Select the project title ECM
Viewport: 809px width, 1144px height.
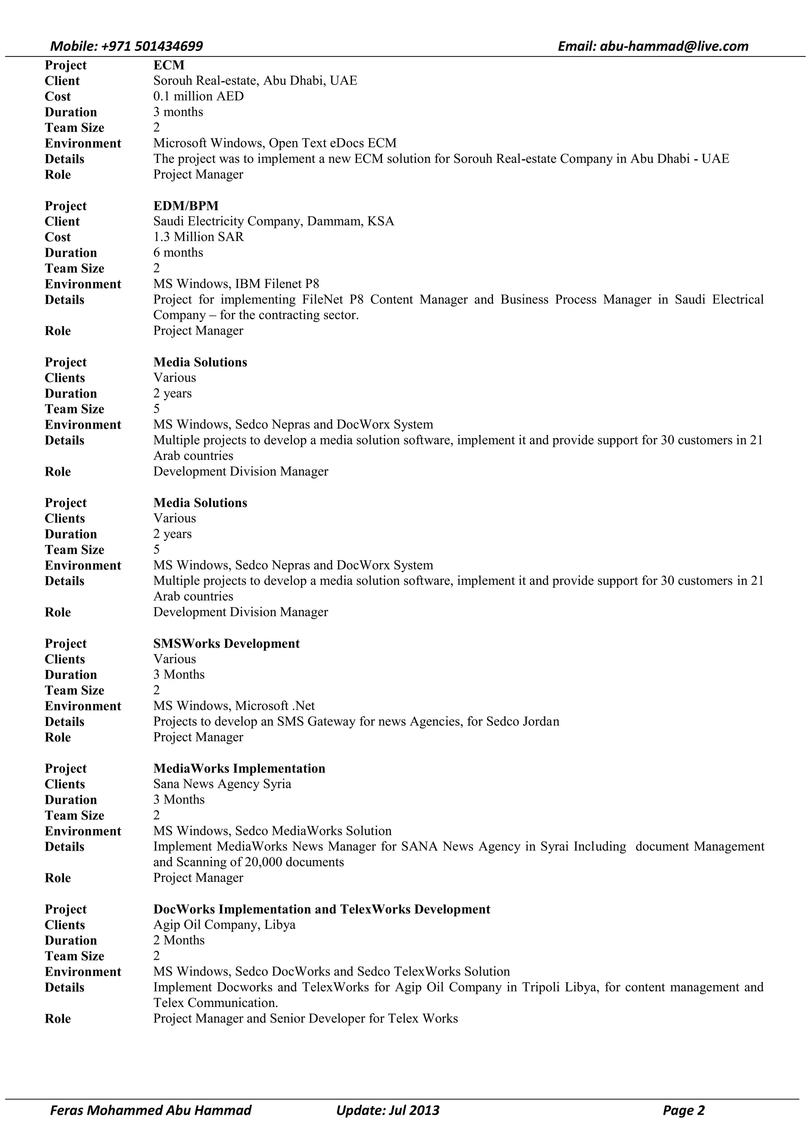click(x=169, y=65)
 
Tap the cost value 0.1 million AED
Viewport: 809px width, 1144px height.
click(x=198, y=96)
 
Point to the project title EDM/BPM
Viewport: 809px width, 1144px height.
click(x=186, y=206)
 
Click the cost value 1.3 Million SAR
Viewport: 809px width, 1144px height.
click(x=198, y=237)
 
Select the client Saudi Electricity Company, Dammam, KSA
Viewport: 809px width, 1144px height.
click(x=273, y=221)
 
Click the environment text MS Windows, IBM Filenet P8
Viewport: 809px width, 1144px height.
click(x=236, y=284)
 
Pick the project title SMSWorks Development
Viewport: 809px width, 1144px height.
click(x=226, y=643)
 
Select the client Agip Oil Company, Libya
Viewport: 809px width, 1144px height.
click(x=224, y=925)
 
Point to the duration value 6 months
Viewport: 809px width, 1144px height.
click(x=178, y=253)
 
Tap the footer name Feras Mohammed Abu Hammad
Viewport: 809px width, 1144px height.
click(x=151, y=1110)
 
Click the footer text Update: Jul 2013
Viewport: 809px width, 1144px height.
click(x=388, y=1110)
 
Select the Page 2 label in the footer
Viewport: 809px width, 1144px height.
click(x=683, y=1110)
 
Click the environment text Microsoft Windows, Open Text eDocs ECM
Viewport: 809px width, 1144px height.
click(x=275, y=143)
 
